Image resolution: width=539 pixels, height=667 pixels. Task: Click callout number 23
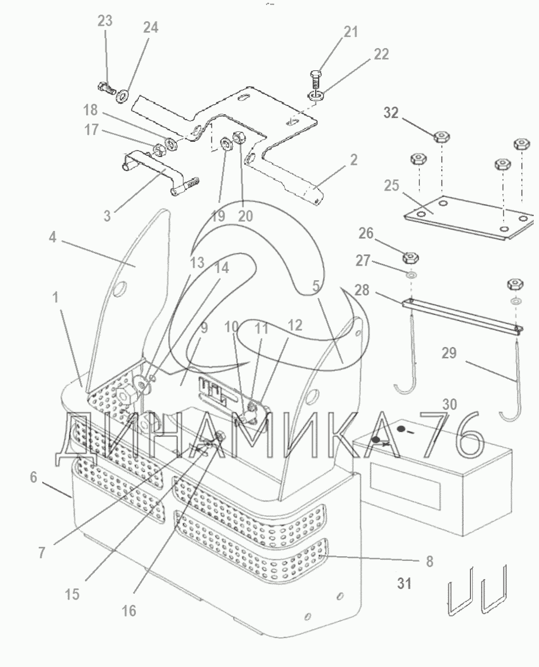point(105,21)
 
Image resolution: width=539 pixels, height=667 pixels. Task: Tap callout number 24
point(151,28)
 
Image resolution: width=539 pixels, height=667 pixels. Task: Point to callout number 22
point(381,54)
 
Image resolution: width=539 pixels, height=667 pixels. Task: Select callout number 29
point(449,353)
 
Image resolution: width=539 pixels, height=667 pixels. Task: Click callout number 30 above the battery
point(450,404)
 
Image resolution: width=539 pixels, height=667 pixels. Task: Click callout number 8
point(429,561)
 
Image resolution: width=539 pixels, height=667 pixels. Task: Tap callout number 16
point(129,611)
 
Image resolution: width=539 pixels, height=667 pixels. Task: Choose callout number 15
point(73,594)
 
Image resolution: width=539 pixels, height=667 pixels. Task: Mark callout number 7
point(41,553)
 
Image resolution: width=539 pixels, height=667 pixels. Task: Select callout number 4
point(52,237)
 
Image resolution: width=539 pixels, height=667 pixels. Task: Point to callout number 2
point(353,160)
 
